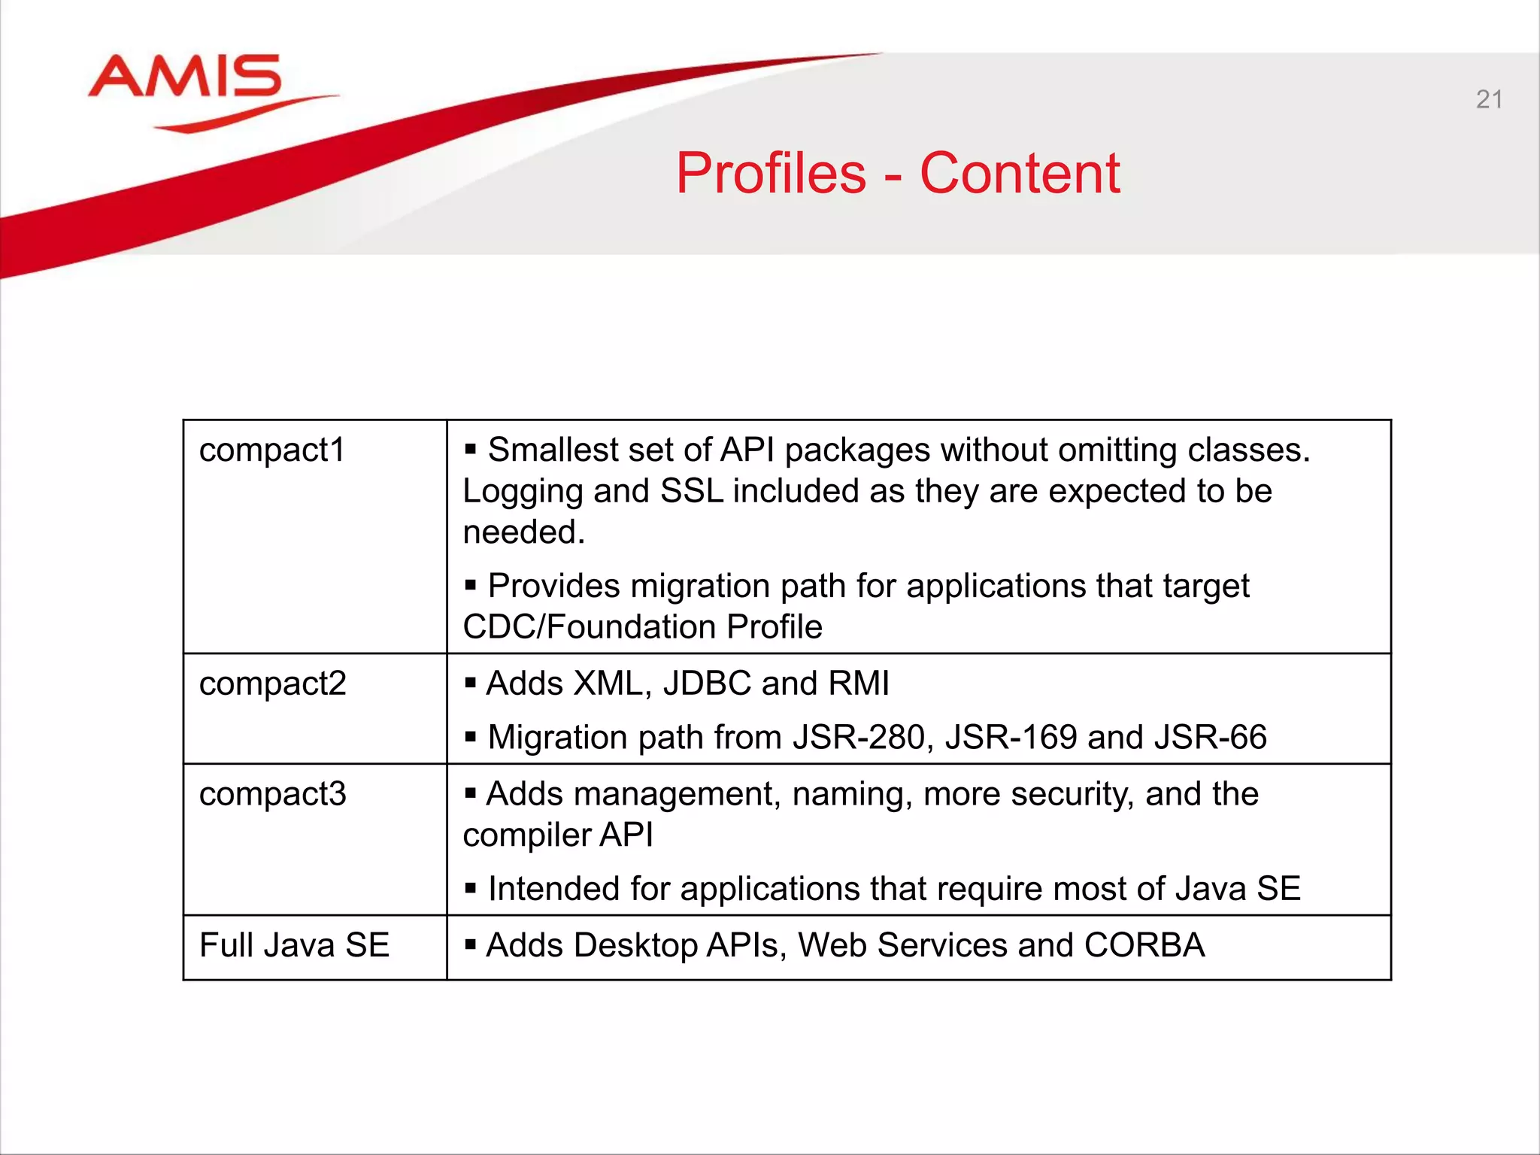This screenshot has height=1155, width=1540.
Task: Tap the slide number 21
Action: pyautogui.click(x=1489, y=99)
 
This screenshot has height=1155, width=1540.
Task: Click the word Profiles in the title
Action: pyautogui.click(x=771, y=174)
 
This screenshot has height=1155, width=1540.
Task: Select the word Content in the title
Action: pyautogui.click(x=1020, y=174)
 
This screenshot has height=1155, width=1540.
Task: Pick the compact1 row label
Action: pyautogui.click(x=271, y=450)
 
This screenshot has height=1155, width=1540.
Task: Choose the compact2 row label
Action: pyautogui.click(x=272, y=684)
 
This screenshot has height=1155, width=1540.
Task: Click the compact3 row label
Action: pyautogui.click(x=272, y=794)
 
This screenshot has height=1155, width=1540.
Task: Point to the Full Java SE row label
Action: pyautogui.click(x=294, y=945)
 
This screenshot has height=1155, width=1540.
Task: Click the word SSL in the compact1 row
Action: pyautogui.click(x=692, y=491)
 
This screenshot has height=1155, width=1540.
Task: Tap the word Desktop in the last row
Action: pyautogui.click(x=635, y=945)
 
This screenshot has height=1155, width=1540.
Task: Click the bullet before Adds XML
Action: pyautogui.click(x=471, y=683)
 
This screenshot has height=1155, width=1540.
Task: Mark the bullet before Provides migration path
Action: pyautogui.click(x=471, y=585)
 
